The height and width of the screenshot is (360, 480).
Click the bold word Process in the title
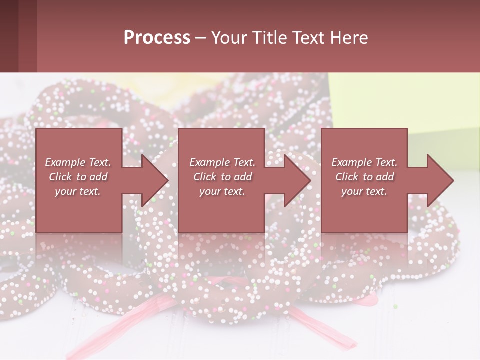tap(157, 38)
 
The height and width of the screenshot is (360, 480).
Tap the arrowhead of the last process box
tap(439, 180)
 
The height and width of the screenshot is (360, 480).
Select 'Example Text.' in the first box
tap(78, 162)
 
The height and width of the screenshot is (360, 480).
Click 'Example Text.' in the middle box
tap(222, 162)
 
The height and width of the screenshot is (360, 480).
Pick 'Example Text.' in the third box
tap(364, 162)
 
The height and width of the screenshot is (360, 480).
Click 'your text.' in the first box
tap(78, 191)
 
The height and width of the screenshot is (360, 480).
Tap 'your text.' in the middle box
tap(222, 191)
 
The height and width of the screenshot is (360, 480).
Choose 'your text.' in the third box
tap(364, 191)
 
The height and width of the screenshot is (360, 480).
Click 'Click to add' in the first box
tap(78, 177)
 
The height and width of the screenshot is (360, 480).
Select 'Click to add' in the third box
tap(364, 177)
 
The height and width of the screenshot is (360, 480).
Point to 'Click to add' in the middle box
tap(222, 177)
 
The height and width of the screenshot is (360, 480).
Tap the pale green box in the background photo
tap(400, 100)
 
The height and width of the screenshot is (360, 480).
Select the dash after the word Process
tap(201, 38)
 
